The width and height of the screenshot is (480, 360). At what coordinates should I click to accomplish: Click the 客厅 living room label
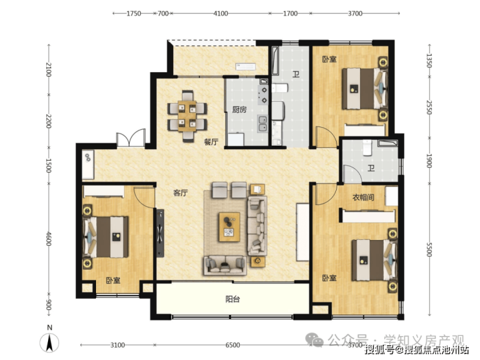tap(180, 193)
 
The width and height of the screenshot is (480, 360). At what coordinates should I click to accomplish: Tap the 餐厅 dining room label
tap(211, 142)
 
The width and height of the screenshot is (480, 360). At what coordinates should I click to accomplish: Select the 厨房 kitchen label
tap(239, 110)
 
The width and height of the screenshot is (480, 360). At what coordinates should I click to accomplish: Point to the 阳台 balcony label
tap(233, 299)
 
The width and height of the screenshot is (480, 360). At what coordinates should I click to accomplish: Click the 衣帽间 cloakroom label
tap(363, 197)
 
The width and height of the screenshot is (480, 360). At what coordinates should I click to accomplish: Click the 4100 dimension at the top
tap(221, 14)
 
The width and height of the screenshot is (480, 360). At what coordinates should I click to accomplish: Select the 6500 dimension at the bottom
tap(233, 345)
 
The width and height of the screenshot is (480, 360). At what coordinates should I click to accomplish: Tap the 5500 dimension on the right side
tap(429, 250)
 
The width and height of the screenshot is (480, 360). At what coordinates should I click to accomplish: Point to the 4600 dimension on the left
tap(49, 239)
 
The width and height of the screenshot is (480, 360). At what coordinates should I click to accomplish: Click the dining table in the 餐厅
tap(187, 116)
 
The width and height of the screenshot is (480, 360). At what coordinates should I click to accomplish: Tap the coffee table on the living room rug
tap(229, 227)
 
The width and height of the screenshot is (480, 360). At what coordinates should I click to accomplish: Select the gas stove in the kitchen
tap(263, 95)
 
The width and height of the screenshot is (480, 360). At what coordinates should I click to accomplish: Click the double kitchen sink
tap(263, 124)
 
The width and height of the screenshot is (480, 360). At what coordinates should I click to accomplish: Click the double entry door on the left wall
tap(131, 138)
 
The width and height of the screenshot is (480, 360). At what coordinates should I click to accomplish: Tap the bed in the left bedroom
tap(106, 237)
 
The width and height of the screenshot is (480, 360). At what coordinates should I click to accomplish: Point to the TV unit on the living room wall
tap(160, 233)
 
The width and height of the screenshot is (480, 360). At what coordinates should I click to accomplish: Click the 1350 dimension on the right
tap(429, 61)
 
